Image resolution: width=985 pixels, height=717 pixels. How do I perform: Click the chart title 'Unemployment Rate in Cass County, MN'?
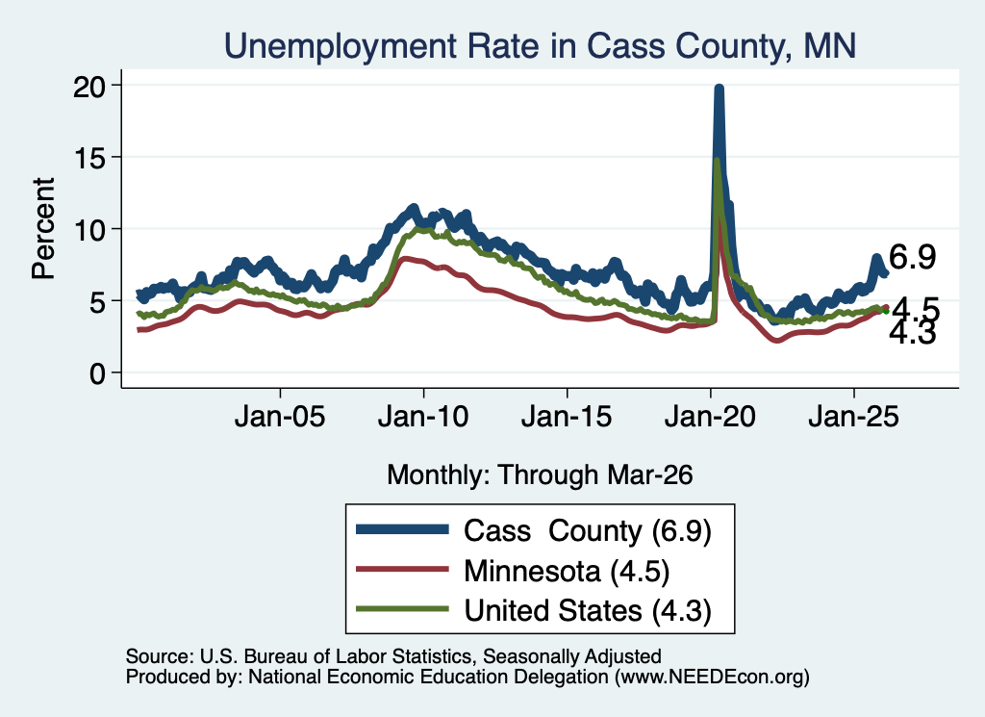click(x=540, y=46)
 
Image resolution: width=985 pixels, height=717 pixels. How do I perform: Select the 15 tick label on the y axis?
click(x=89, y=158)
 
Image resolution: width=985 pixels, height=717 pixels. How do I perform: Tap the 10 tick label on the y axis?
click(x=89, y=230)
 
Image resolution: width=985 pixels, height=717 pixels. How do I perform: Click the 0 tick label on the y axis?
click(x=97, y=373)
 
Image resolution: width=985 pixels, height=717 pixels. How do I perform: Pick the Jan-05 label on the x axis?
click(x=280, y=417)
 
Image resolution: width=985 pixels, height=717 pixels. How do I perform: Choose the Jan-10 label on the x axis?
click(x=423, y=417)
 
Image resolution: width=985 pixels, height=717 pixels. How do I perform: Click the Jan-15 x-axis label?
click(x=567, y=417)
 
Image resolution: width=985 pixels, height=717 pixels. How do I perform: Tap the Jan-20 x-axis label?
click(x=710, y=417)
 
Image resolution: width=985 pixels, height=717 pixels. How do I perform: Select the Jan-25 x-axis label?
click(x=854, y=417)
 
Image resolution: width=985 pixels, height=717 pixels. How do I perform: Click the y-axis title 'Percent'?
click(x=43, y=229)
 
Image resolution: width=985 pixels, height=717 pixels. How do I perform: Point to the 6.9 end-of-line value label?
click(x=912, y=257)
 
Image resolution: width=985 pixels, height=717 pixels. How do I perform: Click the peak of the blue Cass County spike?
click(x=720, y=88)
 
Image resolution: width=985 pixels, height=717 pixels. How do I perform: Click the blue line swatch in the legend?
click(x=402, y=529)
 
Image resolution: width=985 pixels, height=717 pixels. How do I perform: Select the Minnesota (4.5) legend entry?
click(x=567, y=572)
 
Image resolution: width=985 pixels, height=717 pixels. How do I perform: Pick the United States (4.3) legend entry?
click(x=588, y=611)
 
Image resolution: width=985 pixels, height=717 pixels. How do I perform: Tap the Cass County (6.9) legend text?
click(x=588, y=531)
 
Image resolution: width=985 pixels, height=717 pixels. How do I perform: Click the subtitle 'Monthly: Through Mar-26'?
click(x=540, y=475)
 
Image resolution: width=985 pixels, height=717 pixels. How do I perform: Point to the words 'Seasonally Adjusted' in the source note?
click(x=571, y=656)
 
